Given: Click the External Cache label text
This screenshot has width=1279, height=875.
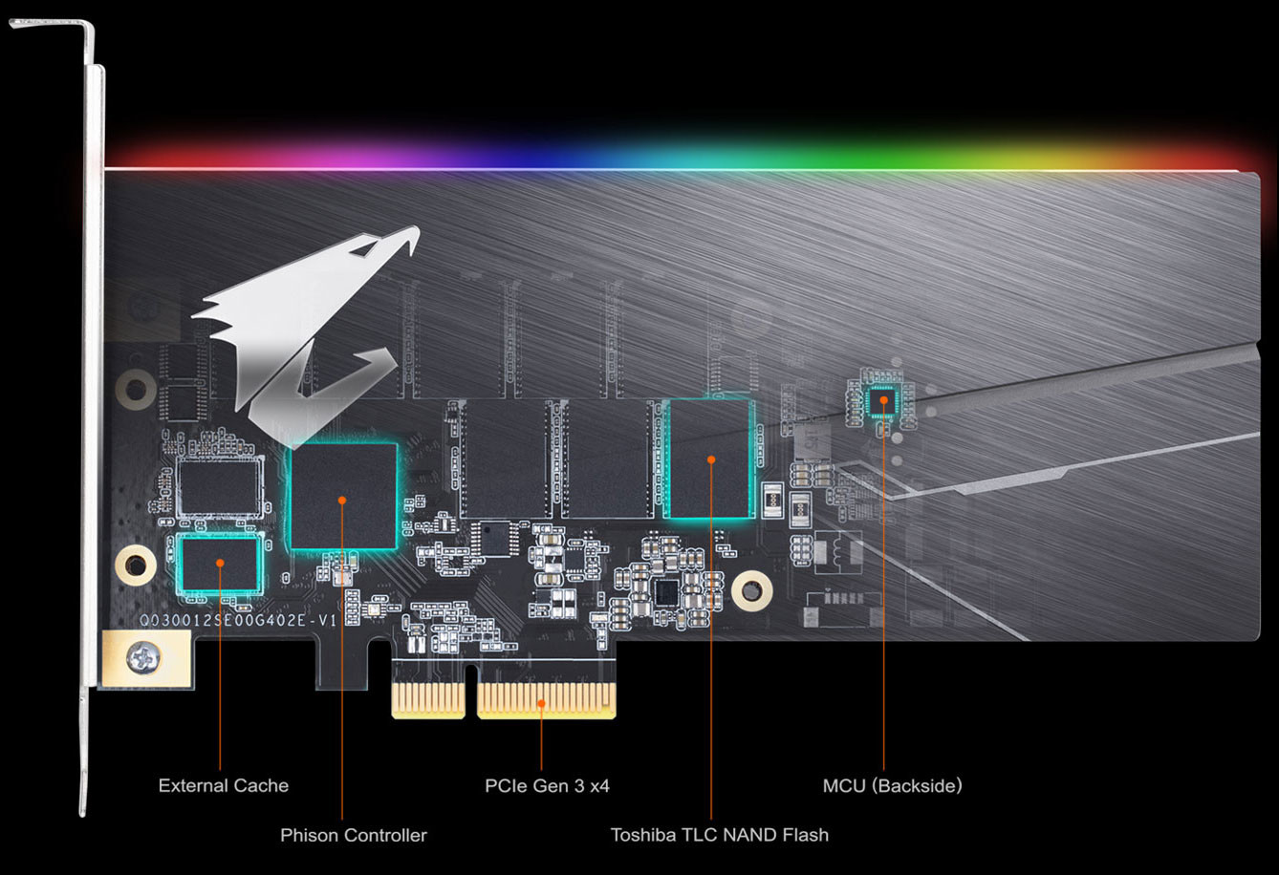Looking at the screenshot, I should (x=223, y=786).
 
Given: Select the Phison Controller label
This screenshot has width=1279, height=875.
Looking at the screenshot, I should (x=353, y=836).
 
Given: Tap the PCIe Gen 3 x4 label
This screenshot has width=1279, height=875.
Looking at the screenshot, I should (x=547, y=786).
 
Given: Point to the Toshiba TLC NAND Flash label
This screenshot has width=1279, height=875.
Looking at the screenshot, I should (x=719, y=836).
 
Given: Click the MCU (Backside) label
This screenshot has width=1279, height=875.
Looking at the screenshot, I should (x=892, y=786).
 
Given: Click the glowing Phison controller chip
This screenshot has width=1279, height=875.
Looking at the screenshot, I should (x=342, y=497).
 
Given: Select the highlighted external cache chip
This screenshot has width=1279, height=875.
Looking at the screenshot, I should (x=220, y=563).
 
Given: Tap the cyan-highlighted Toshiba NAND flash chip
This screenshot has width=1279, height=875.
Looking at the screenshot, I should (x=711, y=459).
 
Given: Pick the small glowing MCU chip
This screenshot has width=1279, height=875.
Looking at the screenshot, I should (x=883, y=401).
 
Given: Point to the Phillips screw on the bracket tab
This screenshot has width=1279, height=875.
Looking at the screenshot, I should (x=146, y=657).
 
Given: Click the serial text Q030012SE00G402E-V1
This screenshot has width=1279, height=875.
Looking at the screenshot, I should (x=238, y=620).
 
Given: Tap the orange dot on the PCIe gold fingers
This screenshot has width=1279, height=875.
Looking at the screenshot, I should (x=542, y=704).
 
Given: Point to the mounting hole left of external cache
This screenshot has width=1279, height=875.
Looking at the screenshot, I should (x=135, y=564).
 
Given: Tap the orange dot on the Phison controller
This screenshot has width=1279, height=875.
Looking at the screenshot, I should (x=342, y=500).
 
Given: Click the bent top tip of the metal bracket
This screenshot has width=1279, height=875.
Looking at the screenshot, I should (x=57, y=25).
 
